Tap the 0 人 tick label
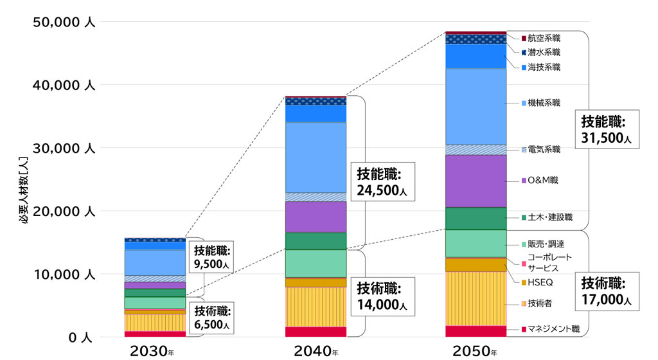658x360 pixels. coord(82,337)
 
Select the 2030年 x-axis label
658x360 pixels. coord(152,351)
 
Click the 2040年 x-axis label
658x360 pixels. coord(316,351)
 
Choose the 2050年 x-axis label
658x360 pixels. coord(475,351)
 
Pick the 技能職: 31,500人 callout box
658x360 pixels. coord(607,129)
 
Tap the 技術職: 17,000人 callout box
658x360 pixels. coord(607,291)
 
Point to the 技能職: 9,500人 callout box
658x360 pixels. coord(212,256)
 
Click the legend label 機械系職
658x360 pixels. coord(544,102)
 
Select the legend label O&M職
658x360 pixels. coord(542,181)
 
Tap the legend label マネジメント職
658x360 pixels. coord(553,329)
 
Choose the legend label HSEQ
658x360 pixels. coord(540,282)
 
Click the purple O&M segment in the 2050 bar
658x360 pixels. coord(476,181)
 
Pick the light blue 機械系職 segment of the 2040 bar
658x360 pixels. coord(316,157)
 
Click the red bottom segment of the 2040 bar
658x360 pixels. coord(316,332)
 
